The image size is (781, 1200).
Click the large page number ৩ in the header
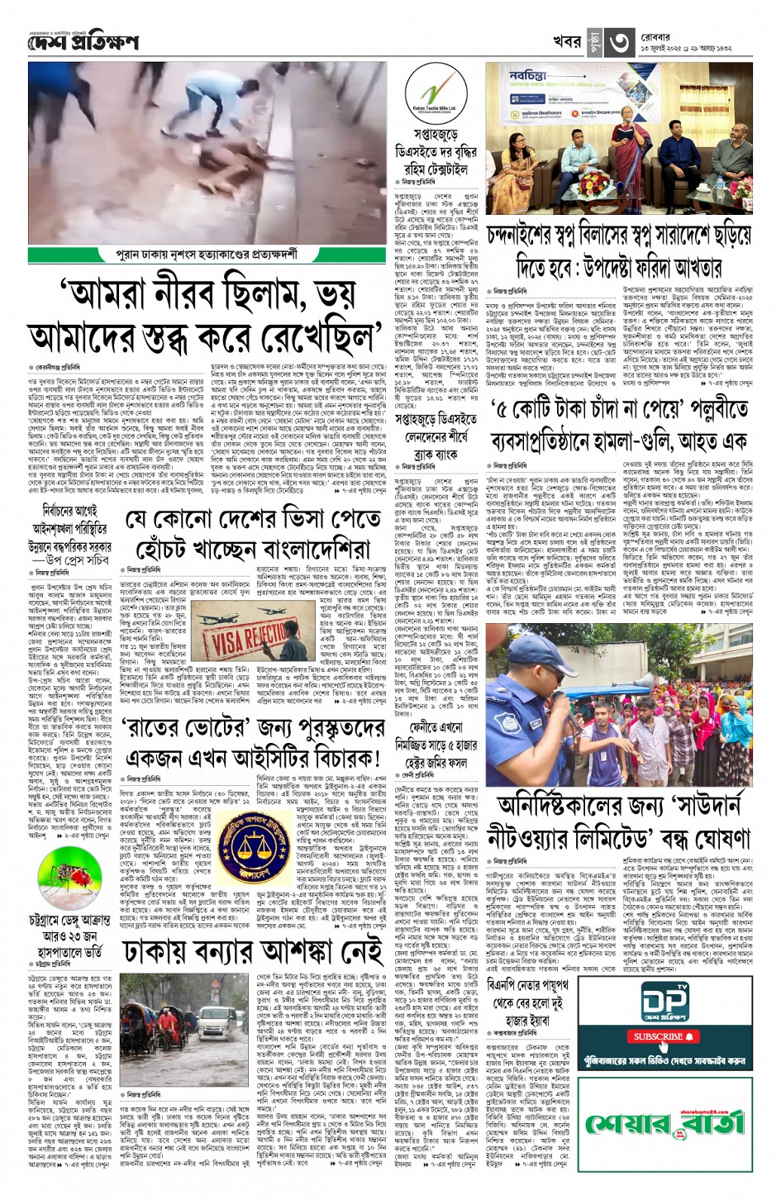(x=620, y=43)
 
